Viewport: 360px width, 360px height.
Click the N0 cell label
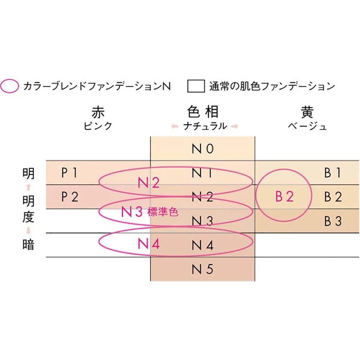(203, 149)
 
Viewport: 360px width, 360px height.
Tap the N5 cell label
(203, 270)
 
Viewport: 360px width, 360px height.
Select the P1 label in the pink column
(69, 173)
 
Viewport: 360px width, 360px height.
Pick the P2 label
(69, 197)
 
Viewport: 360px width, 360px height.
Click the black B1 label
(333, 173)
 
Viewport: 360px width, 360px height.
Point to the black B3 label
(333, 221)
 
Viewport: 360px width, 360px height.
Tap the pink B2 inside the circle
(284, 197)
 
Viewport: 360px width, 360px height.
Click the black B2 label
(333, 197)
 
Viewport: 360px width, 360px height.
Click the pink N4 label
(149, 244)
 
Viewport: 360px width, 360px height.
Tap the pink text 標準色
(162, 212)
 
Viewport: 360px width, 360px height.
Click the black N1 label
(203, 173)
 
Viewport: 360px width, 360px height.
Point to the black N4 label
(203, 246)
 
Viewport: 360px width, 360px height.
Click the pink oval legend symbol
(10, 86)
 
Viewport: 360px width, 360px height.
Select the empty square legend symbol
(196, 86)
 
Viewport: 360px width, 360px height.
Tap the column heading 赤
(98, 113)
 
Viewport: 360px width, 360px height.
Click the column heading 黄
(307, 113)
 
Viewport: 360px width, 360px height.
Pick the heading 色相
(203, 112)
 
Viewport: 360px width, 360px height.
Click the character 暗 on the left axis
(28, 245)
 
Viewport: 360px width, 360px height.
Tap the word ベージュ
(307, 126)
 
